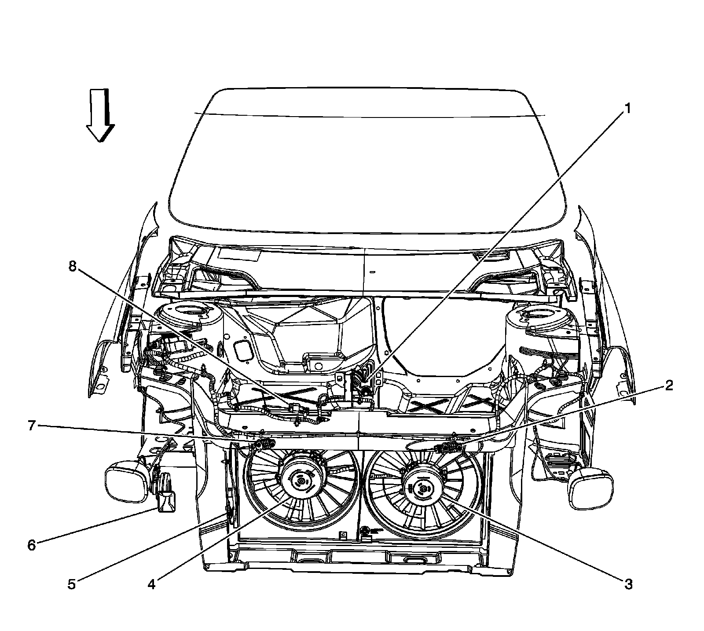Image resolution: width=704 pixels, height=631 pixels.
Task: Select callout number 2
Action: (668, 386)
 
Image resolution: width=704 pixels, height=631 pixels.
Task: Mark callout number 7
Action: (31, 426)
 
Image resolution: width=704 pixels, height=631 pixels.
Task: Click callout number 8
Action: (72, 266)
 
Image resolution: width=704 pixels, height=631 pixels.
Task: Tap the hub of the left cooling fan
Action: (300, 482)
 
